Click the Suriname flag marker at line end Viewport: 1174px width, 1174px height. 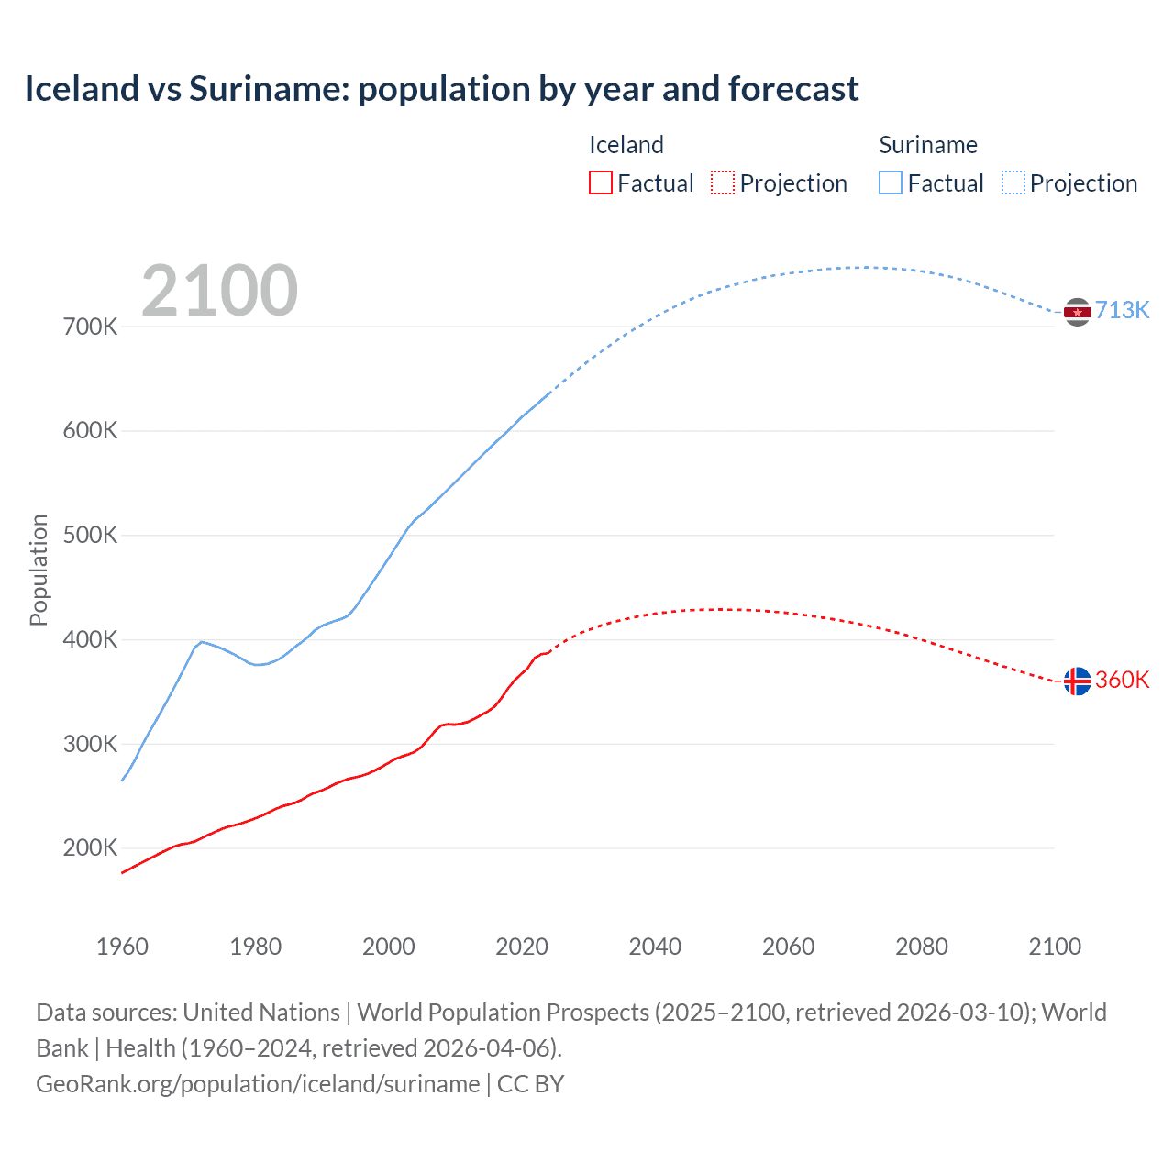pyautogui.click(x=1077, y=312)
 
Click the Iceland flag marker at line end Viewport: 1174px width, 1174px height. pyautogui.click(x=1077, y=681)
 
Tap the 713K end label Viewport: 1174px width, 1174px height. pyautogui.click(x=1122, y=310)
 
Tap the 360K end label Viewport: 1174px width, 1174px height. pyautogui.click(x=1122, y=680)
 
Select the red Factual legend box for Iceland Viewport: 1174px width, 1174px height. pyautogui.click(x=600, y=183)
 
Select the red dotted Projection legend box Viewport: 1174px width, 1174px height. pyautogui.click(x=723, y=183)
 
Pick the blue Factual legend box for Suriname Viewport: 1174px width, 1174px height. pyautogui.click(x=890, y=183)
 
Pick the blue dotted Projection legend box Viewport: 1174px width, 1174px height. pyautogui.click(x=1013, y=183)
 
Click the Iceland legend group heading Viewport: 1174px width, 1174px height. pyautogui.click(x=626, y=145)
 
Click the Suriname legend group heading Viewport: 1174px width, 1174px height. pyautogui.click(x=927, y=145)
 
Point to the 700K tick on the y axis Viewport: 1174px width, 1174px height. pyautogui.click(x=90, y=327)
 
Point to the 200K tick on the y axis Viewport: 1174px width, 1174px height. pyautogui.click(x=90, y=847)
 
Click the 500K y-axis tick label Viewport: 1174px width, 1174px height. pyautogui.click(x=90, y=535)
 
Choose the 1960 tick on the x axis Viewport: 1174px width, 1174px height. pyautogui.click(x=122, y=947)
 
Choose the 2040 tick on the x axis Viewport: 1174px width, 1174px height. pyautogui.click(x=655, y=947)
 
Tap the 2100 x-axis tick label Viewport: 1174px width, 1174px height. pyautogui.click(x=1055, y=947)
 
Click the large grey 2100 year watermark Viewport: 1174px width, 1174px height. pyautogui.click(x=219, y=291)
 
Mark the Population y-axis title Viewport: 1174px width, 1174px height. pyautogui.click(x=39, y=570)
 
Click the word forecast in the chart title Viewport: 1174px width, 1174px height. pyautogui.click(x=793, y=89)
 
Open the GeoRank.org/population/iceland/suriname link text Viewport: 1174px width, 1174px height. pyautogui.click(x=258, y=1084)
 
